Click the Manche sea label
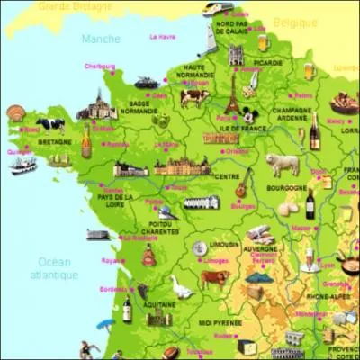click(x=100, y=39)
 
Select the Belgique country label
click(x=298, y=21)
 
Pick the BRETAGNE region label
click(x=53, y=141)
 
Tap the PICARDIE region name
click(x=267, y=62)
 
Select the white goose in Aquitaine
click(x=182, y=287)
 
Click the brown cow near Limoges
click(x=214, y=278)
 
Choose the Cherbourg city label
click(x=100, y=66)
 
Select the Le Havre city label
click(x=162, y=37)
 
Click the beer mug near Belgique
click(x=262, y=42)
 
